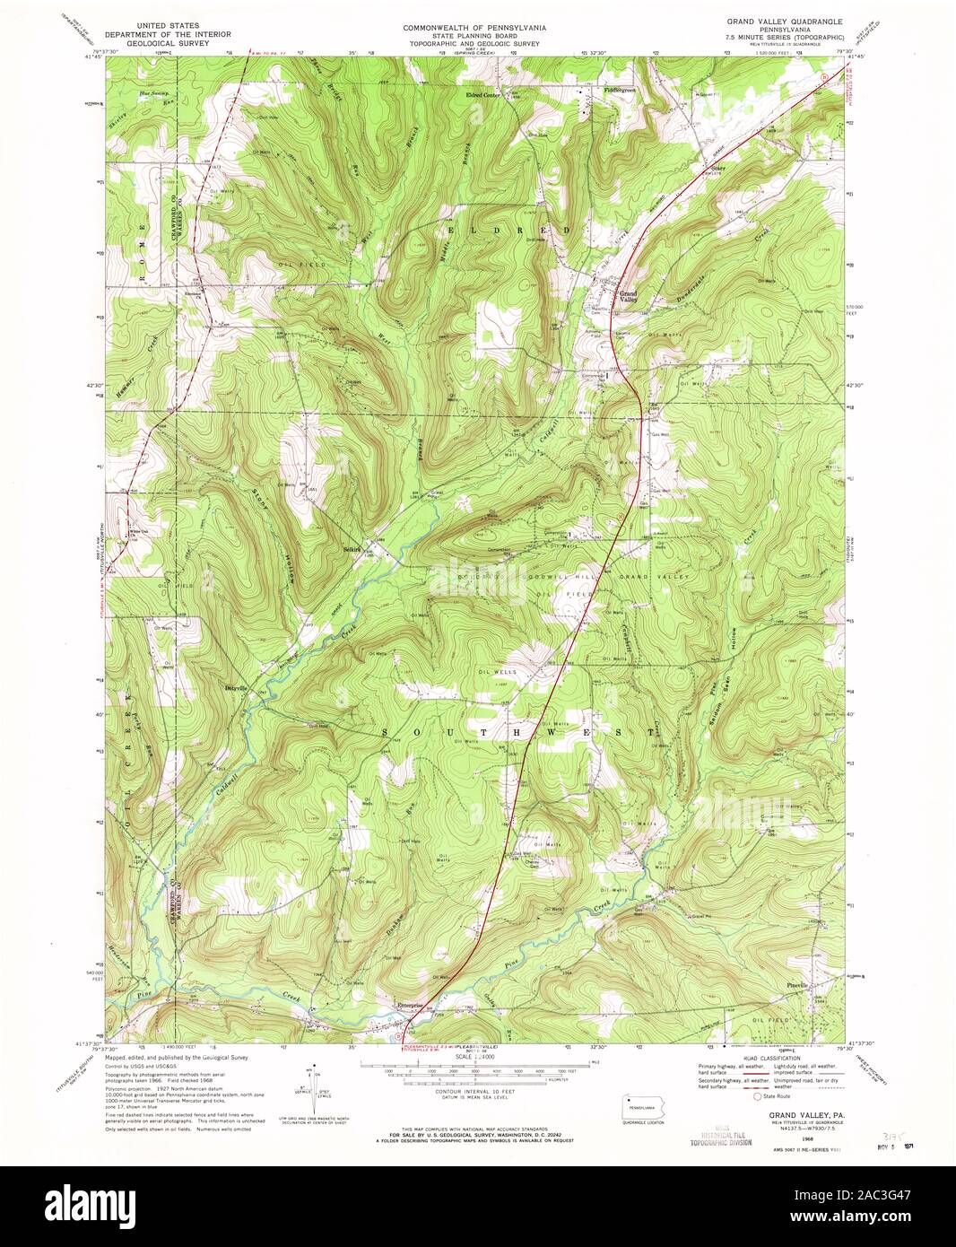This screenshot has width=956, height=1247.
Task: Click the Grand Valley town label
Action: click(628, 297)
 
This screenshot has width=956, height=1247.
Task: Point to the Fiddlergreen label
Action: click(619, 91)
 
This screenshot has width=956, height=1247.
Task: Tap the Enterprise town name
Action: click(414, 1005)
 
